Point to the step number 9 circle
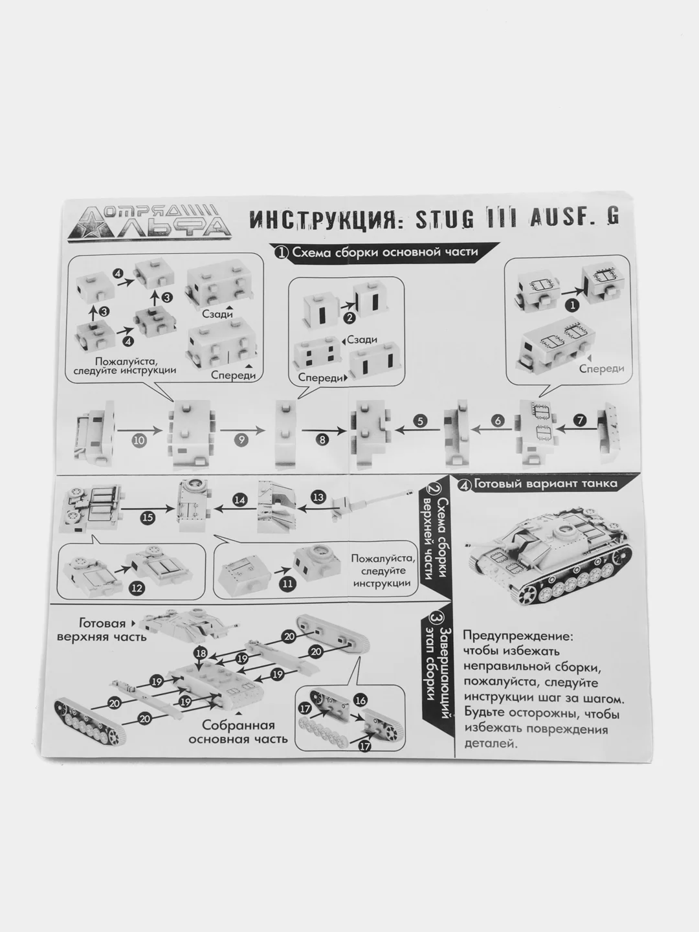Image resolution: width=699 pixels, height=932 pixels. pyautogui.click(x=241, y=439)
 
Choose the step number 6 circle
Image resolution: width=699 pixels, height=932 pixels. pyautogui.click(x=497, y=420)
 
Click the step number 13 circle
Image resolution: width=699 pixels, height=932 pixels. pyautogui.click(x=318, y=497)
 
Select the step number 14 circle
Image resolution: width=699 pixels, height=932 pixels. pyautogui.click(x=239, y=500)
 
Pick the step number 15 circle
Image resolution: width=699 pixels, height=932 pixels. pyautogui.click(x=148, y=516)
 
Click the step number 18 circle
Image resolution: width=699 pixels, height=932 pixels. pyautogui.click(x=201, y=654)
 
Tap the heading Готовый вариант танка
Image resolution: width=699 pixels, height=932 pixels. pyautogui.click(x=546, y=484)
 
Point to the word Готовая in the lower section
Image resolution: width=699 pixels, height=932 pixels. pyautogui.click(x=102, y=623)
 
